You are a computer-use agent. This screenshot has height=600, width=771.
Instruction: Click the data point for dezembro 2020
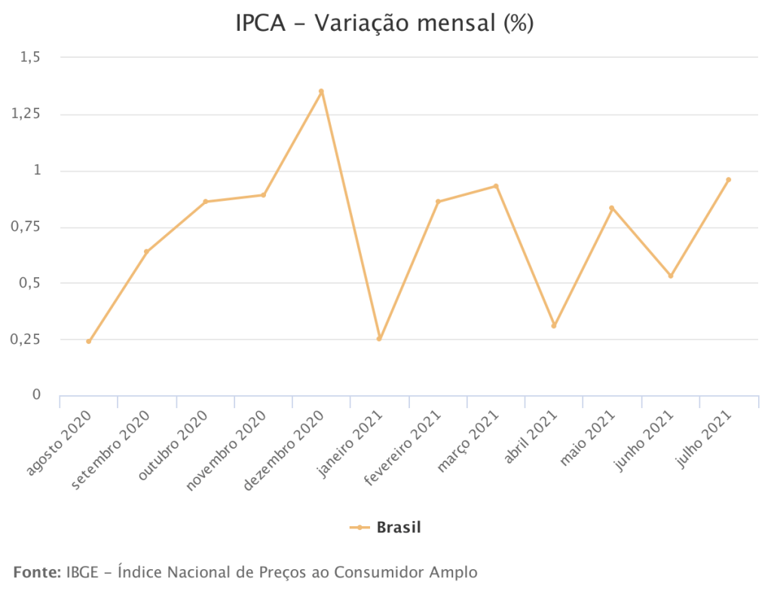coord(321,91)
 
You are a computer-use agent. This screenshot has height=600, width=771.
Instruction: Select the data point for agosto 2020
coord(89,341)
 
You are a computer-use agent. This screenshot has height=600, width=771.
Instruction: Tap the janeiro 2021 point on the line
coord(379,339)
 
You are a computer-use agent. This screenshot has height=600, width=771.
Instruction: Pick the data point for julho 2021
coord(728,179)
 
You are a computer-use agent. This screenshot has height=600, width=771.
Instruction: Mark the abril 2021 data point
coord(554,325)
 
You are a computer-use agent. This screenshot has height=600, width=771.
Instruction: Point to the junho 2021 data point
coord(670,276)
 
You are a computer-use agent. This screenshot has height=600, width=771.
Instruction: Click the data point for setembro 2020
coord(146,251)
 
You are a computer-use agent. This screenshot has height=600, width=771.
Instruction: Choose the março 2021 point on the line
coord(496,185)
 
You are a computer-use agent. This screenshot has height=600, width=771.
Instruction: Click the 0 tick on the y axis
coord(35,394)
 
